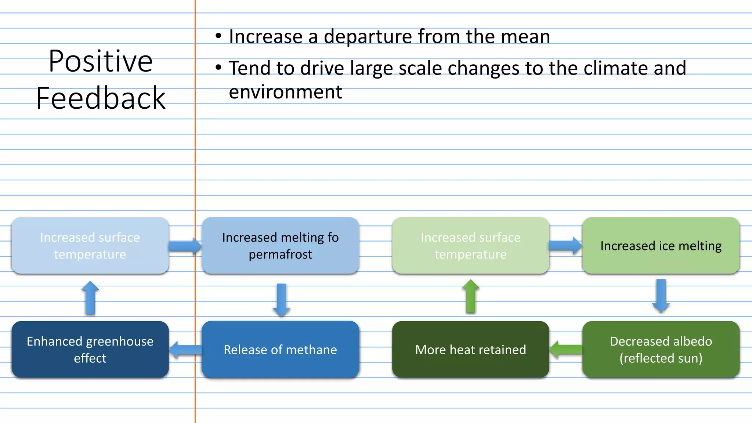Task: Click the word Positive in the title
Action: (100, 61)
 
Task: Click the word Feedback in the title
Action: (101, 98)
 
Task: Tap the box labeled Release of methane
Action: (280, 350)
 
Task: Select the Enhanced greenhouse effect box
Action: (90, 350)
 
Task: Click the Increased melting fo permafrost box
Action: (280, 246)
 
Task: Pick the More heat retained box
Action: (470, 350)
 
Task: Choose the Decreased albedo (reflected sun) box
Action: (661, 350)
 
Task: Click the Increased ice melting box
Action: (661, 246)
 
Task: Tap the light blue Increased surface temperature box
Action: (90, 246)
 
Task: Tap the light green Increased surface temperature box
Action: (470, 246)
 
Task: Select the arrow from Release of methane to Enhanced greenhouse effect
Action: (185, 350)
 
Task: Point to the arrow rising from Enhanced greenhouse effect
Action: (90, 298)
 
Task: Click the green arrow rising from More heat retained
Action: (471, 296)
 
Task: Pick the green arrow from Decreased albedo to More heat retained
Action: (566, 349)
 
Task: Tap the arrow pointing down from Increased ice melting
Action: (661, 296)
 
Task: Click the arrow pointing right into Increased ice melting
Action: (565, 246)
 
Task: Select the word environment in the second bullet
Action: (285, 92)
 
